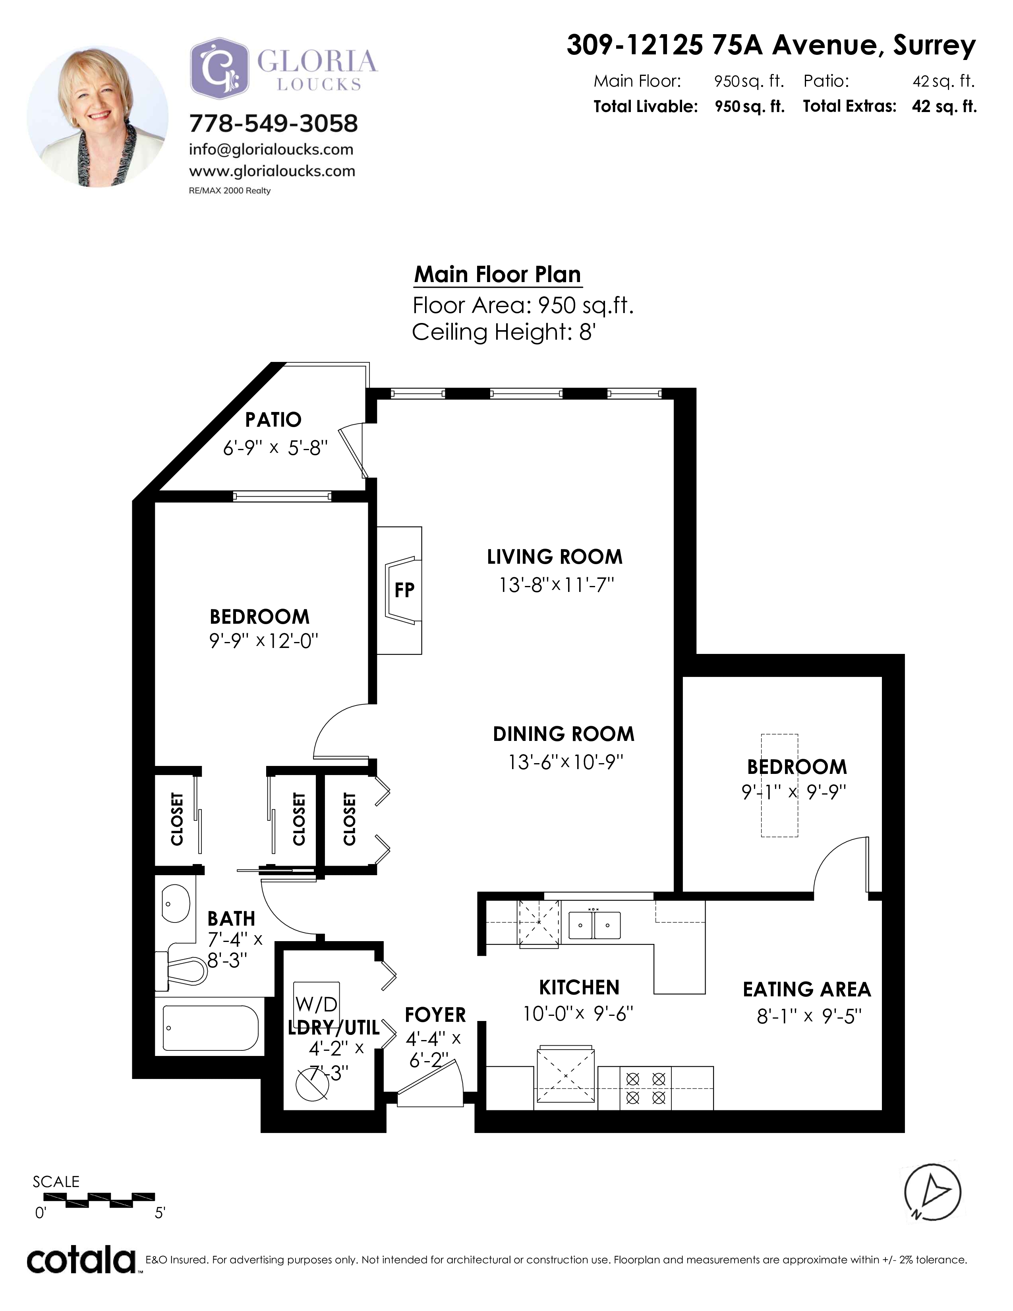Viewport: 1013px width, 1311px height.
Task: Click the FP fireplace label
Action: tap(404, 590)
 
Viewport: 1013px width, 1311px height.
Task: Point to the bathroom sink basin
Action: tap(176, 903)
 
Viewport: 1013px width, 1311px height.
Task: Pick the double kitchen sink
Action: tap(594, 925)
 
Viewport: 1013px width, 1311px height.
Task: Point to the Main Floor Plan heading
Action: tap(497, 275)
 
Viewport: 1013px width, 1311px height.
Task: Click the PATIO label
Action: tap(273, 420)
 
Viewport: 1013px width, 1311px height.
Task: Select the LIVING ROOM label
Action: tap(555, 557)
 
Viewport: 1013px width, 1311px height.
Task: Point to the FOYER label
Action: tap(435, 1015)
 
